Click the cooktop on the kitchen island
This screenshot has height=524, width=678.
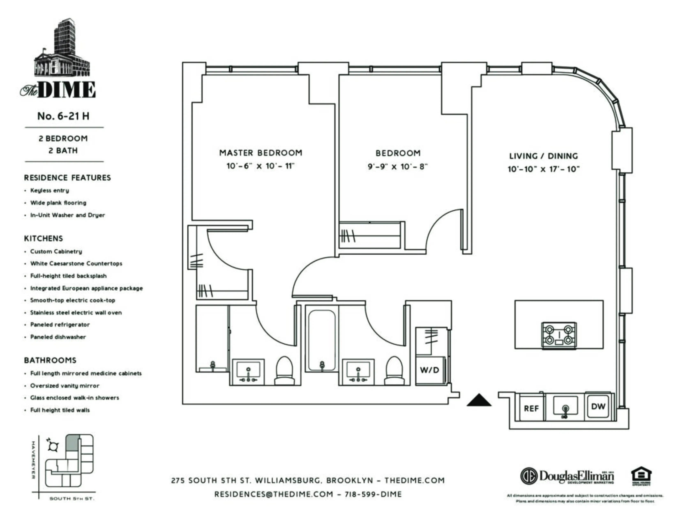(559, 335)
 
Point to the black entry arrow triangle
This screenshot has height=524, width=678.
(479, 401)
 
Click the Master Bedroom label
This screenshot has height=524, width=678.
(261, 153)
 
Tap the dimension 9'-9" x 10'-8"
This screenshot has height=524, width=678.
(398, 167)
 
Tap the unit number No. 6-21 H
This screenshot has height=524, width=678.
(63, 116)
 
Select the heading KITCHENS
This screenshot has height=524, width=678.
(44, 238)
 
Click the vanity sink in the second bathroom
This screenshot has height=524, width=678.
(358, 372)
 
